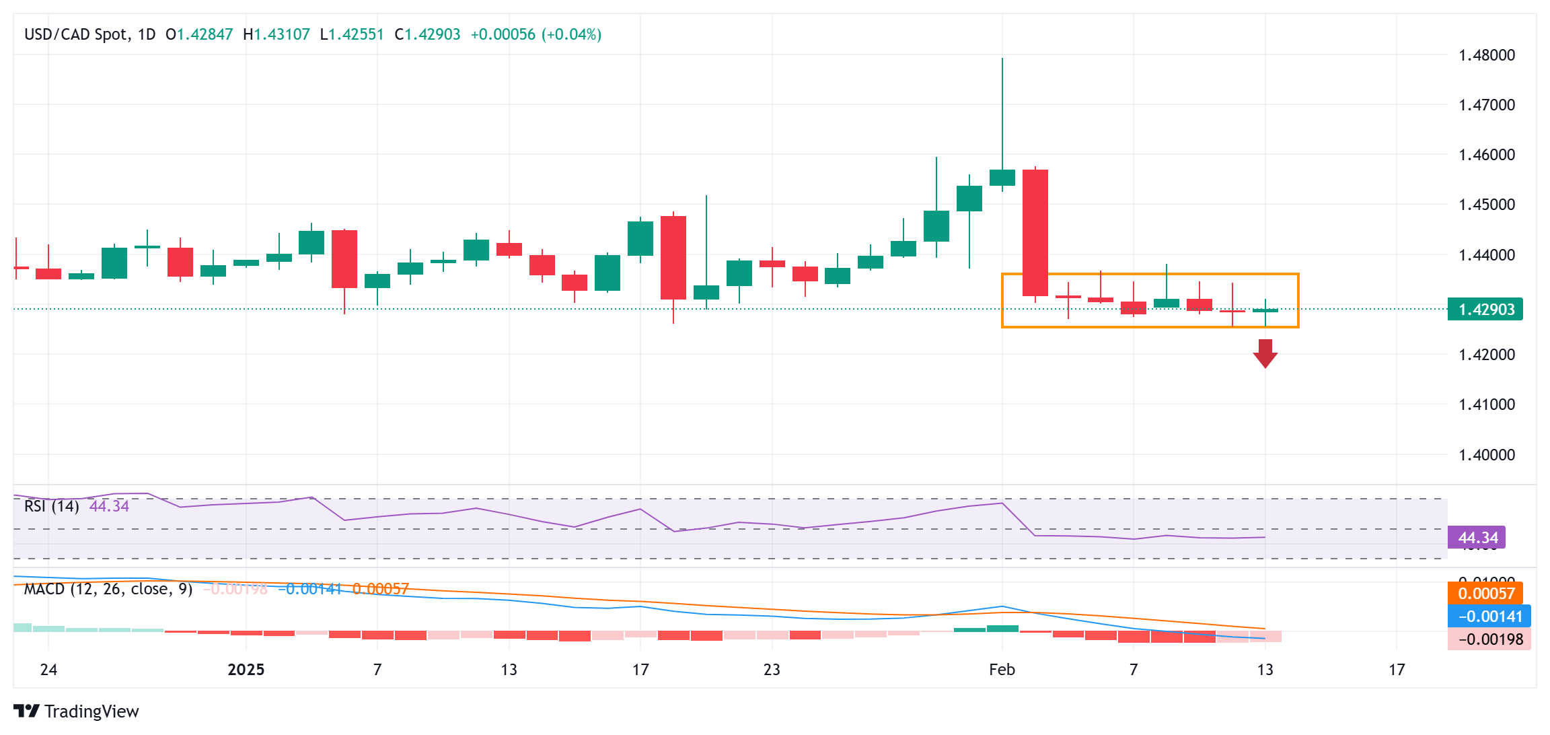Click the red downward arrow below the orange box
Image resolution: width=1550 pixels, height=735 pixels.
pyautogui.click(x=1265, y=353)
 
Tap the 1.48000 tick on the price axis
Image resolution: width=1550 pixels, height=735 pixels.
pyautogui.click(x=1487, y=55)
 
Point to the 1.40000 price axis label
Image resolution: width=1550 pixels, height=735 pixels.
pyautogui.click(x=1487, y=455)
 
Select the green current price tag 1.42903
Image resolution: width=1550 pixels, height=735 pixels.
pyautogui.click(x=1485, y=310)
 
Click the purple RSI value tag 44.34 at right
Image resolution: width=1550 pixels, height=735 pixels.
pyautogui.click(x=1477, y=538)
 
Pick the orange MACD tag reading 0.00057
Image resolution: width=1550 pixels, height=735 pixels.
pyautogui.click(x=1485, y=594)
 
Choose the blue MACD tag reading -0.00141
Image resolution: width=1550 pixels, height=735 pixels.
pyautogui.click(x=1489, y=617)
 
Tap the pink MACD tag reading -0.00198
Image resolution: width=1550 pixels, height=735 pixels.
pyautogui.click(x=1489, y=639)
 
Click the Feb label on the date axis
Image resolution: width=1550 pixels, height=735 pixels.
pyautogui.click(x=1002, y=670)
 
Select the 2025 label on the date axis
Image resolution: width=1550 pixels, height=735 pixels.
pyautogui.click(x=246, y=670)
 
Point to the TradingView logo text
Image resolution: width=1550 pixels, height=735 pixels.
pyautogui.click(x=91, y=711)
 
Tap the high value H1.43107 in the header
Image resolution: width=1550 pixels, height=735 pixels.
pyautogui.click(x=276, y=34)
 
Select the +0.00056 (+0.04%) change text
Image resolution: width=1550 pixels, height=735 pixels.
pyautogui.click(x=536, y=34)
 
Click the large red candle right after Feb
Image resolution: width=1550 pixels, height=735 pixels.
pyautogui.click(x=1035, y=232)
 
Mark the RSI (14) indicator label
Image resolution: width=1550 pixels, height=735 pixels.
pyautogui.click(x=51, y=506)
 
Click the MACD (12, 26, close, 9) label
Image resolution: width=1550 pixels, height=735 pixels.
pyautogui.click(x=108, y=590)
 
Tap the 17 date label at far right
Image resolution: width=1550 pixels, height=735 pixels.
pyautogui.click(x=1397, y=670)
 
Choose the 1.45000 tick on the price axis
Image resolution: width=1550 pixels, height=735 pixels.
pyautogui.click(x=1487, y=205)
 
